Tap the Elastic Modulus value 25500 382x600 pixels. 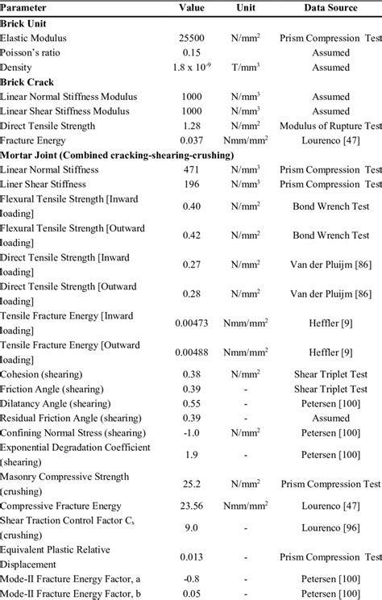click(x=192, y=38)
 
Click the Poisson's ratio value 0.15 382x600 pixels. click(x=192, y=52)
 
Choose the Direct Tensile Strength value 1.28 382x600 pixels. click(x=192, y=126)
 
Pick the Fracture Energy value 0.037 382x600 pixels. click(x=192, y=140)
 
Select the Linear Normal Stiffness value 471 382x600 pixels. click(x=192, y=169)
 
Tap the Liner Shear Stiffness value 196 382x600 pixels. click(x=192, y=184)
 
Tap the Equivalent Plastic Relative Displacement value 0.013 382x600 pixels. click(x=192, y=556)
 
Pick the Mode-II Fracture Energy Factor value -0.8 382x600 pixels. click(x=192, y=578)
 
